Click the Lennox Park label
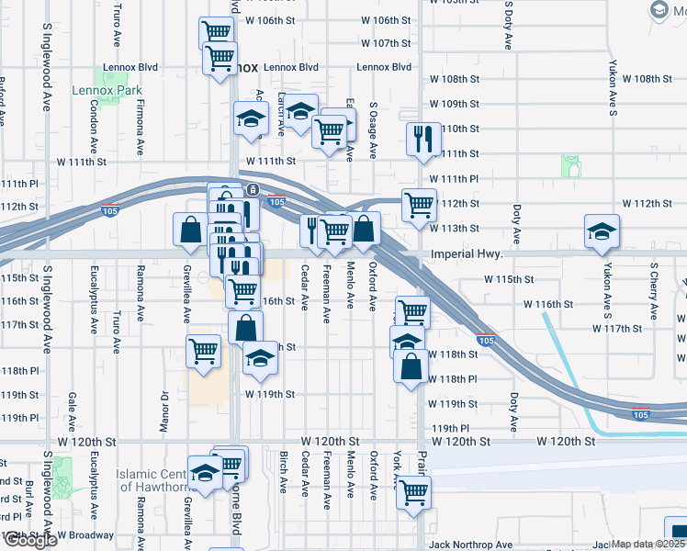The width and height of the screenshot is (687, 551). (107, 91)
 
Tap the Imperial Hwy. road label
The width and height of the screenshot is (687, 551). (465, 254)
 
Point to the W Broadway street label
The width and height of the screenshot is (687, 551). (84, 534)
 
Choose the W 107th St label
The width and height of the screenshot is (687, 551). (385, 43)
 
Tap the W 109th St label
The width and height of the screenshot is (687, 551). (455, 104)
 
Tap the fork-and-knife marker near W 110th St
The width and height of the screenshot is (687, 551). (421, 140)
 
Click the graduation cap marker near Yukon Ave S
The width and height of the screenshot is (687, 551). (602, 231)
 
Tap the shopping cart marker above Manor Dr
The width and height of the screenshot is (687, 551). (203, 350)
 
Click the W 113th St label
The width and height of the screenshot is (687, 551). (459, 228)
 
